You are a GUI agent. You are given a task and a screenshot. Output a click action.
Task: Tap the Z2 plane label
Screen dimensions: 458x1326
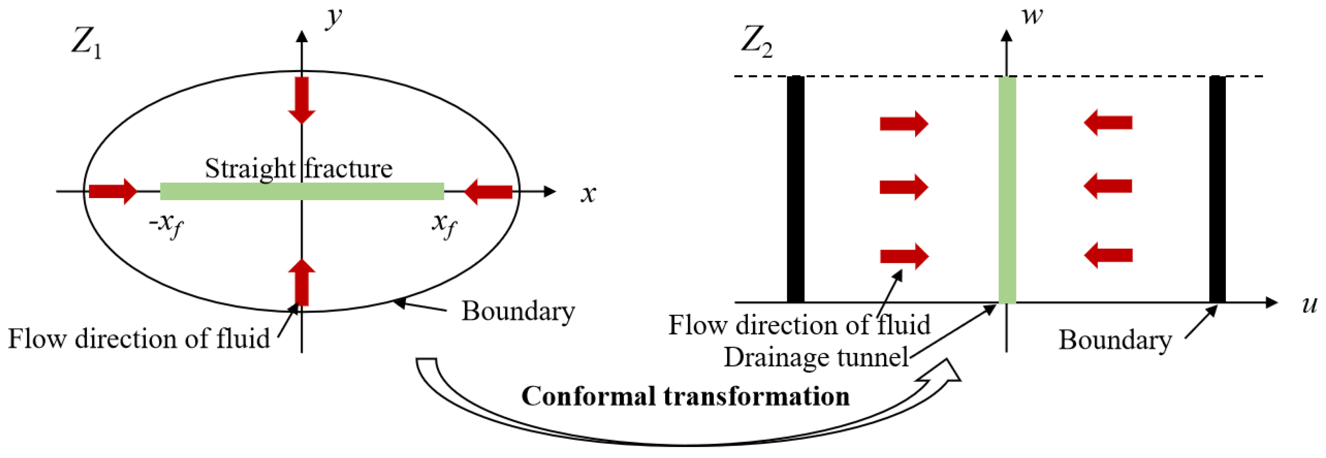click(x=756, y=41)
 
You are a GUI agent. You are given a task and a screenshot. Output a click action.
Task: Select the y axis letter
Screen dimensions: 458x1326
click(x=334, y=17)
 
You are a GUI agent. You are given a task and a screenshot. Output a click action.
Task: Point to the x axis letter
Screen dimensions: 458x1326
click(x=588, y=194)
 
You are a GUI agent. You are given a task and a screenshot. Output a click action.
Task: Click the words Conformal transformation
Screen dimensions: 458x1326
click(x=685, y=397)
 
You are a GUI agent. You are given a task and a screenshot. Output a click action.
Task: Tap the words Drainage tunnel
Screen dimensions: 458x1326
click(x=816, y=357)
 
